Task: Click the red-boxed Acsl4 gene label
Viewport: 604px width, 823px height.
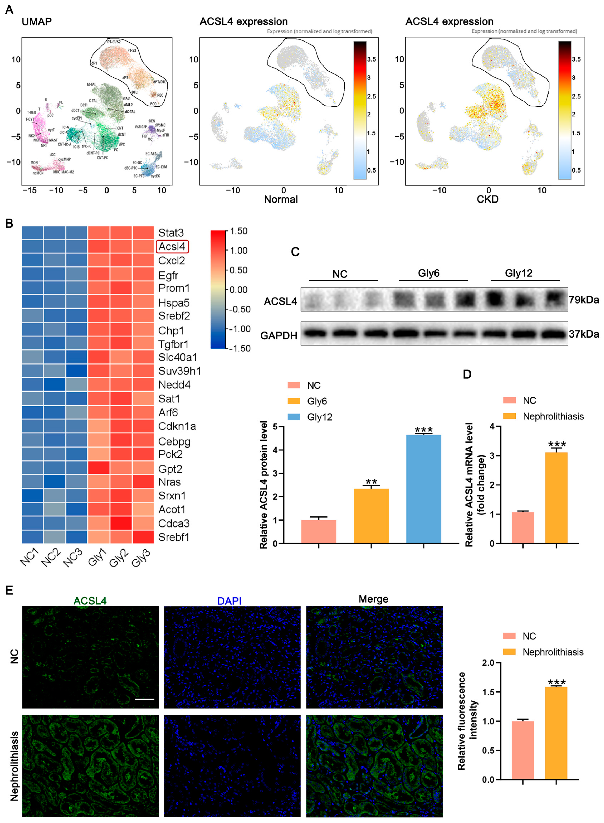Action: pyautogui.click(x=172, y=247)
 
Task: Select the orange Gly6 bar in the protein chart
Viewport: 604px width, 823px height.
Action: pyautogui.click(x=371, y=516)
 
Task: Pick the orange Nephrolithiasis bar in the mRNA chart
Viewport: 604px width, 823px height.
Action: pyautogui.click(x=556, y=497)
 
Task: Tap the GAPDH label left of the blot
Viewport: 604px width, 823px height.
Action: pyautogui.click(x=279, y=335)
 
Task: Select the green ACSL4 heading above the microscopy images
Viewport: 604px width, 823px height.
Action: pyautogui.click(x=90, y=601)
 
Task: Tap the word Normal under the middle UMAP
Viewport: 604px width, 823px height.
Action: pyautogui.click(x=281, y=199)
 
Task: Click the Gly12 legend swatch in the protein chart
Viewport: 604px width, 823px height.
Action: pyautogui.click(x=294, y=417)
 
